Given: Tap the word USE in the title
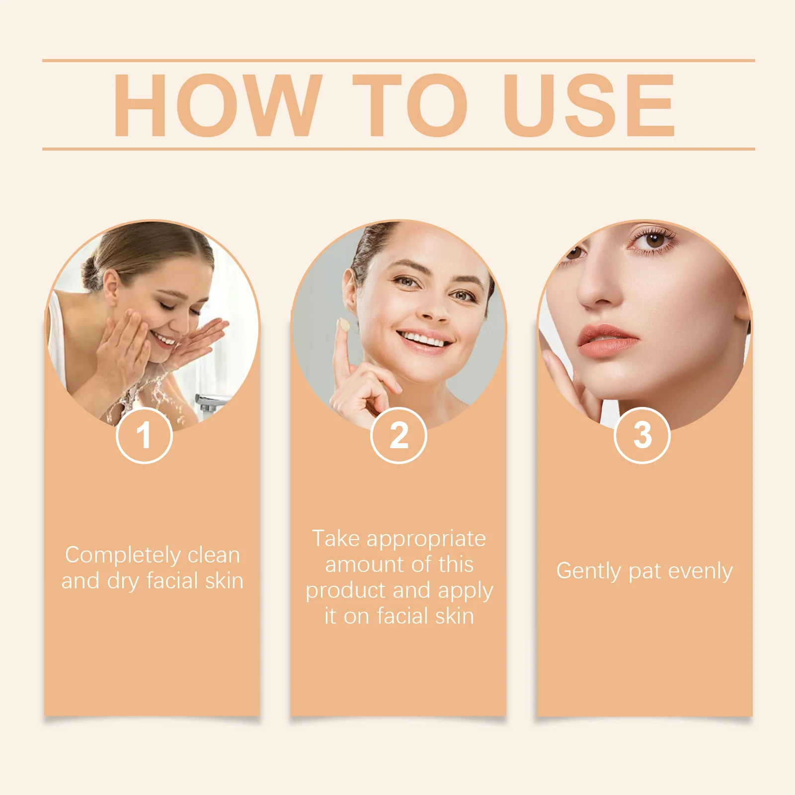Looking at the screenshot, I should [x=589, y=105].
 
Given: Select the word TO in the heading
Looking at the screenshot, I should [x=410, y=105].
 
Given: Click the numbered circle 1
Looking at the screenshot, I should [x=144, y=435].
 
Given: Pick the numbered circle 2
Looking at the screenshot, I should [x=398, y=435].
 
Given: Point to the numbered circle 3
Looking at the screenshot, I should [x=642, y=435].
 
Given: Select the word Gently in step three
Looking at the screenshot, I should [x=588, y=571].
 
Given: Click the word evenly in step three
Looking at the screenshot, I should [x=700, y=571].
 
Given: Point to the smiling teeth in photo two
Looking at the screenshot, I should [x=423, y=340].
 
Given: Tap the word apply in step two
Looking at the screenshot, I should [x=466, y=591].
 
